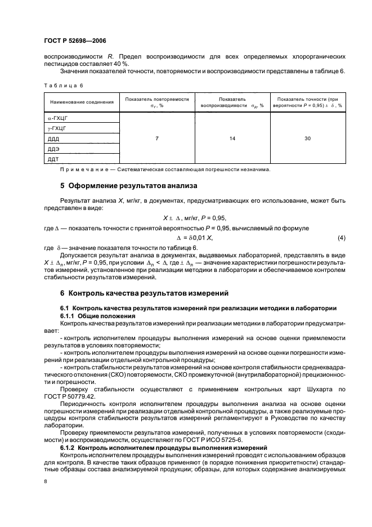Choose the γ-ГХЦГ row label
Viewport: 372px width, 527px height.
(x=57, y=129)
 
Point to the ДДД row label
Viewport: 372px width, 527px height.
(x=54, y=139)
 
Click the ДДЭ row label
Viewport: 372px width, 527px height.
(x=54, y=149)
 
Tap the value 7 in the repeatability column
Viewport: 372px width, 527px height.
(x=156, y=139)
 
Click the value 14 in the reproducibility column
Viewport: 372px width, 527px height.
(x=232, y=139)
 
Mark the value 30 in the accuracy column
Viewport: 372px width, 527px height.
(x=307, y=139)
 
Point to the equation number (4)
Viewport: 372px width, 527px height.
(x=341, y=238)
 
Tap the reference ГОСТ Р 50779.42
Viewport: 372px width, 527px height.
(x=71, y=396)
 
